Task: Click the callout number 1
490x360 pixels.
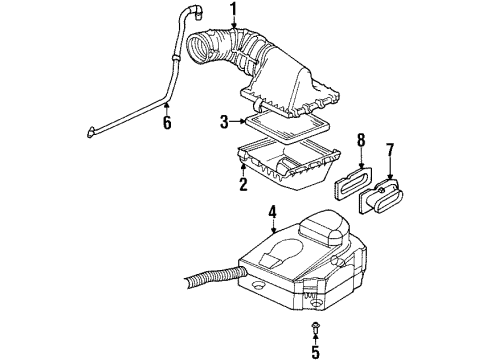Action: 236,12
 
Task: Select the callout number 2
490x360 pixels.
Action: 243,184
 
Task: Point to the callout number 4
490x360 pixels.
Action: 271,211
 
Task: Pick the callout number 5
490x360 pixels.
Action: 316,350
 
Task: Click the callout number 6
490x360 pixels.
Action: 167,122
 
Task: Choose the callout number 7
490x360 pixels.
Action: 390,152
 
